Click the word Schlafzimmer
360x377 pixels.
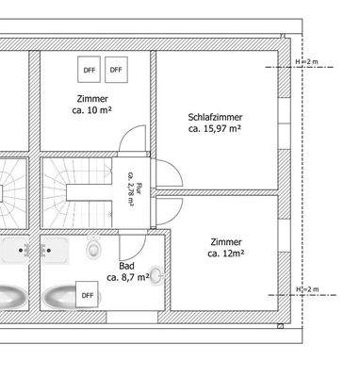[215, 118]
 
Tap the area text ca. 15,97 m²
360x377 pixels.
[215, 129]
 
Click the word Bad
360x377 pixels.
[126, 266]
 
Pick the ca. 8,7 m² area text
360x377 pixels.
[128, 277]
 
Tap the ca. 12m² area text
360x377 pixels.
[226, 254]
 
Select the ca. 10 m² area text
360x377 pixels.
[92, 110]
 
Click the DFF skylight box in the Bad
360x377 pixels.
[88, 295]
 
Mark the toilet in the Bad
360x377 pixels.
[93, 248]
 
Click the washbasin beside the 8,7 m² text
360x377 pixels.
[156, 276]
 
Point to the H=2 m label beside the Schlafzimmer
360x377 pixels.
[306, 62]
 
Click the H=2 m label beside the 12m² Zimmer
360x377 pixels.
[307, 289]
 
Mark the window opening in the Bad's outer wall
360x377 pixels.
[132, 318]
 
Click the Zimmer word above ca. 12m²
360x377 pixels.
[226, 242]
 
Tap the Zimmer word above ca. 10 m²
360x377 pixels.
[92, 99]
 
